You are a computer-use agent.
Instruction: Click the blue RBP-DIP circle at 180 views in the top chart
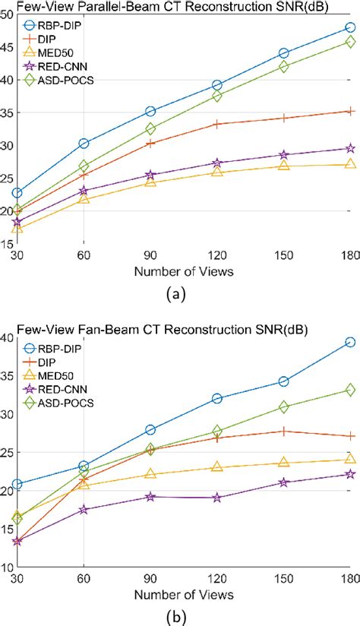pos(350,27)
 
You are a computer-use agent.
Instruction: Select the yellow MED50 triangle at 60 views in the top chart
pos(84,198)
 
